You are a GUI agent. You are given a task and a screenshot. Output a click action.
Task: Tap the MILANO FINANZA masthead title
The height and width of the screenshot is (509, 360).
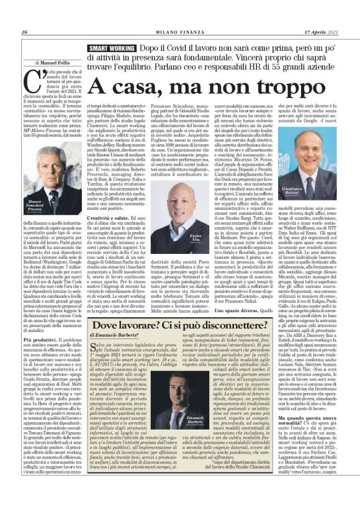pyautogui.click(x=180, y=32)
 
